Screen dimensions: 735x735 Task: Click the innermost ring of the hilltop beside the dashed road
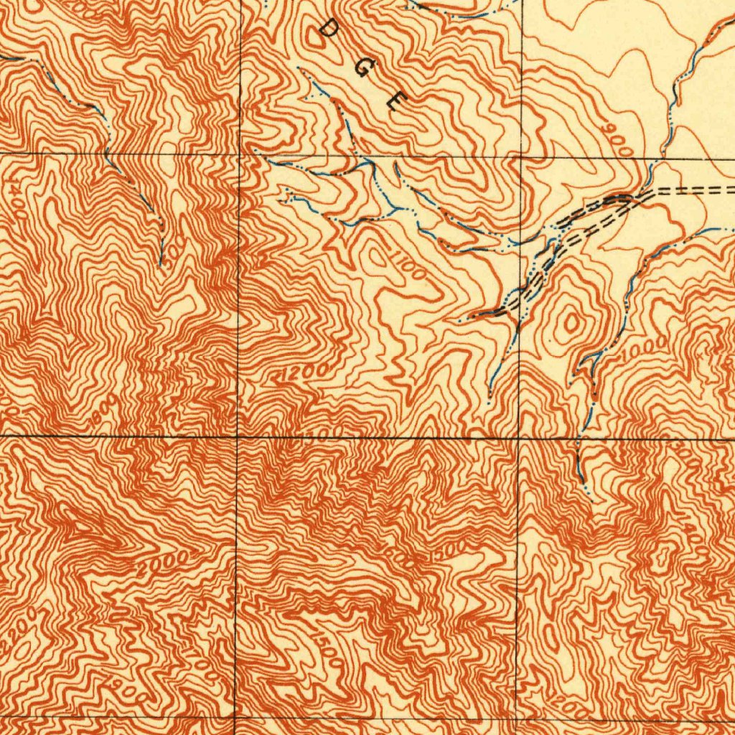coord(571,323)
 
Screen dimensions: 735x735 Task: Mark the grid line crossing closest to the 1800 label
coord(237,436)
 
